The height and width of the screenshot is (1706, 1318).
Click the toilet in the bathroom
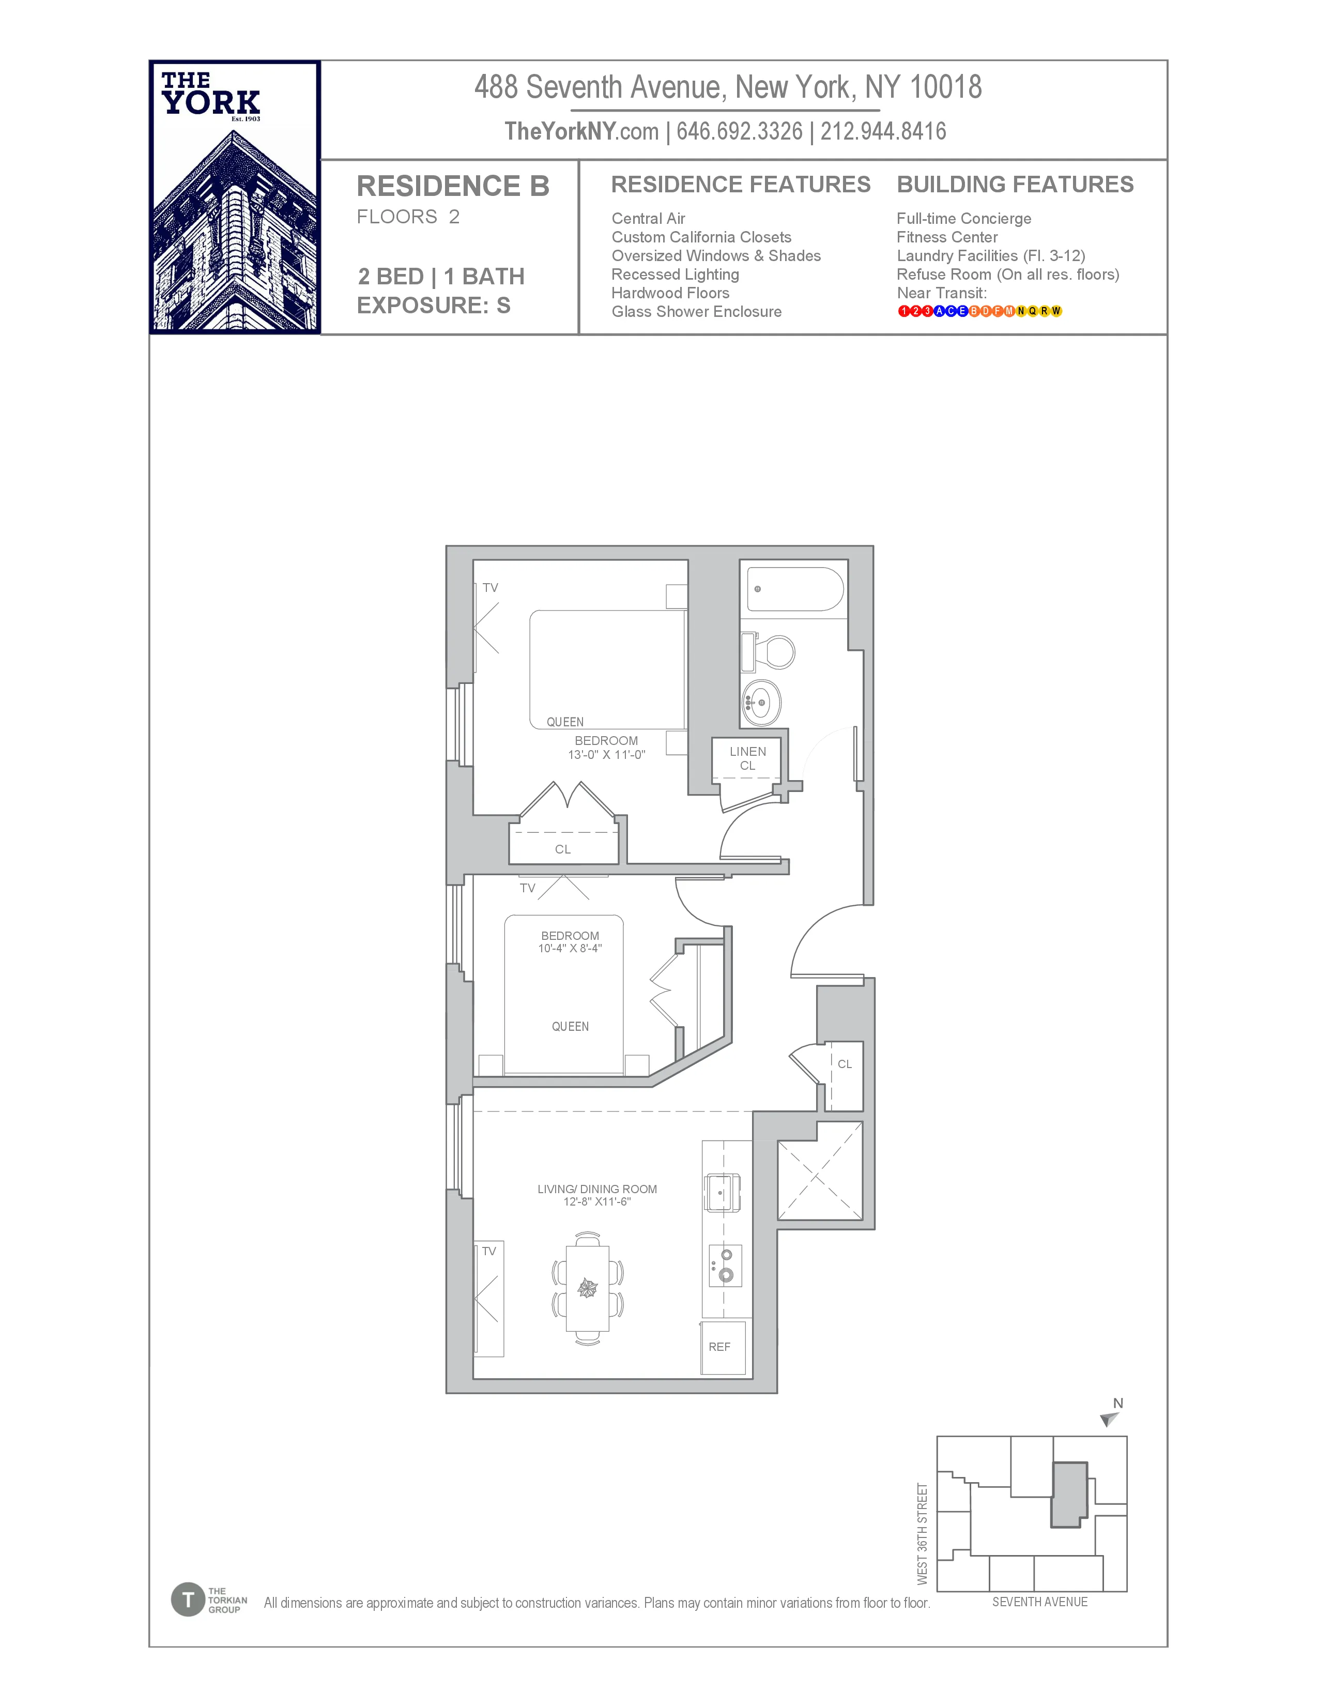tap(773, 651)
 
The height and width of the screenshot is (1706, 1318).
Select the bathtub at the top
tap(795, 589)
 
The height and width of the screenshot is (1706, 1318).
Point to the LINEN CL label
tap(747, 758)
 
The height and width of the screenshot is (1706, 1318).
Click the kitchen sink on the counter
tap(722, 1193)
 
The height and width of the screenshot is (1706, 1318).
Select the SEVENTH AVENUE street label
tap(1039, 1602)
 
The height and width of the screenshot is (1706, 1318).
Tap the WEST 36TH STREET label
tap(922, 1534)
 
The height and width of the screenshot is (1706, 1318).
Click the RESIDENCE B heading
tap(453, 186)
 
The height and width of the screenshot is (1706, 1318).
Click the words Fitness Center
tap(946, 237)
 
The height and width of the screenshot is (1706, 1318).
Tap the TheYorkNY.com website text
tap(581, 131)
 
